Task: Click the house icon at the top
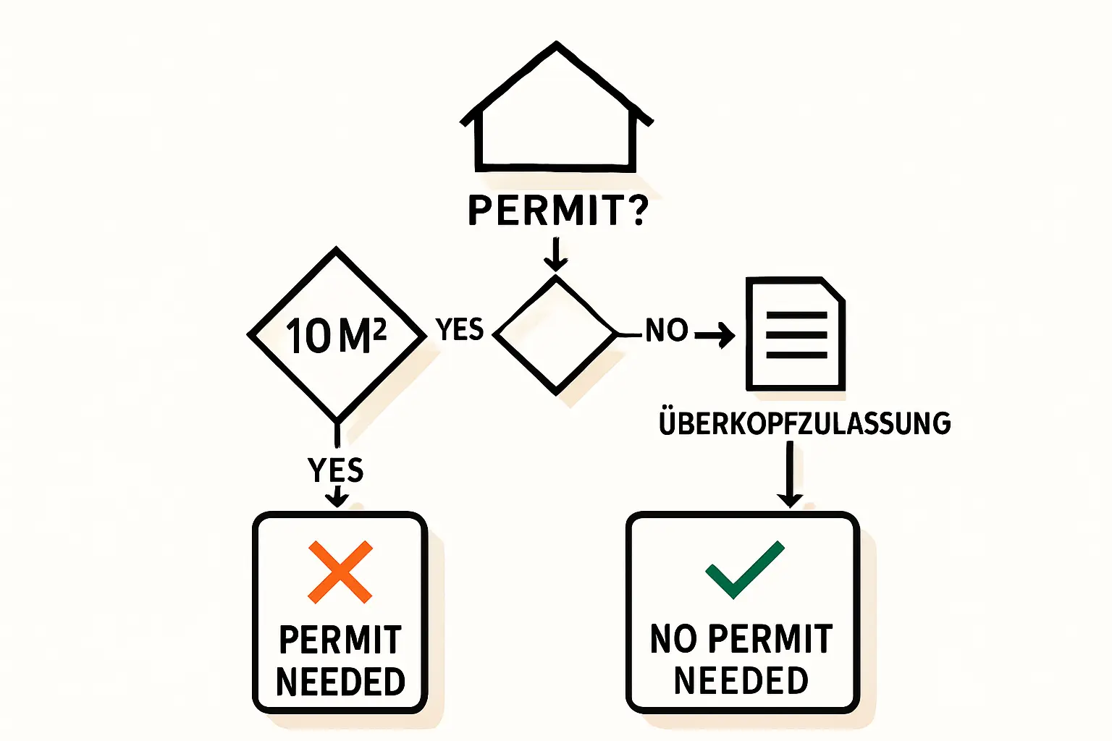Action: click(x=556, y=112)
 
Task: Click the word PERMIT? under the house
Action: click(x=546, y=211)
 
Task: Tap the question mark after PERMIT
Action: click(x=638, y=210)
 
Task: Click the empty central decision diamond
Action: click(x=555, y=335)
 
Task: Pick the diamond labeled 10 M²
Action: click(x=337, y=335)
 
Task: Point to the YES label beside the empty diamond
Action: click(x=460, y=330)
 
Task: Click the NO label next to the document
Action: click(x=666, y=331)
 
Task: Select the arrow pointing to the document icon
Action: click(x=715, y=334)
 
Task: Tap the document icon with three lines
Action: click(x=796, y=334)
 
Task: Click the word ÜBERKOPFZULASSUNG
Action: click(x=804, y=424)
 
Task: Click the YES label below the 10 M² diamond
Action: click(x=336, y=470)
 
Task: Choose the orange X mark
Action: click(x=340, y=572)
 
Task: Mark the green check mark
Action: click(x=744, y=569)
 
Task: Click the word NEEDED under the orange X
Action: click(x=340, y=682)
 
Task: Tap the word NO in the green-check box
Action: click(x=673, y=640)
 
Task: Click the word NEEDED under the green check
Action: click(x=741, y=681)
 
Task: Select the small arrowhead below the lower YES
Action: click(x=337, y=499)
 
